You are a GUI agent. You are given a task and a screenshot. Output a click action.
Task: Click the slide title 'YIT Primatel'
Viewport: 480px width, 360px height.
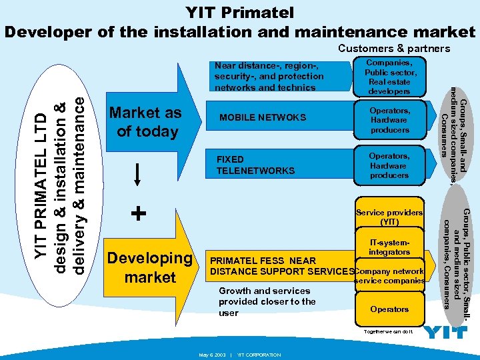click(x=239, y=12)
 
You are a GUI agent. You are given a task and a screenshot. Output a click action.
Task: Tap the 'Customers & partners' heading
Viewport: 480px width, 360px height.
click(x=394, y=49)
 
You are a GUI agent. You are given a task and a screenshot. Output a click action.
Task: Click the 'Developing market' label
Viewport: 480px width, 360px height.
click(x=149, y=267)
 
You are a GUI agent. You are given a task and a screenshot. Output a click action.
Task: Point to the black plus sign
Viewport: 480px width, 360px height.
click(x=138, y=213)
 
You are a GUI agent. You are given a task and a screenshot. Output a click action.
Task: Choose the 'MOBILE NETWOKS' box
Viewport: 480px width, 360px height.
click(x=263, y=118)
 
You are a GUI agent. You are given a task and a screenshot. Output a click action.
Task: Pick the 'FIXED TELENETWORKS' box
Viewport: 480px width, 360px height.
click(x=256, y=165)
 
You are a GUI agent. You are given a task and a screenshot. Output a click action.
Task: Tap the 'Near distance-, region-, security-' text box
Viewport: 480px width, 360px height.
click(x=269, y=76)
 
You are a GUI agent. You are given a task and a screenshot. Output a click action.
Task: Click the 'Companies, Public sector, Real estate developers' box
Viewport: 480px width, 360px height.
click(x=390, y=77)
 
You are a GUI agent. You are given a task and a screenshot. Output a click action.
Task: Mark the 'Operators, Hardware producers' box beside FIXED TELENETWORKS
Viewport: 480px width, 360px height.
click(x=390, y=165)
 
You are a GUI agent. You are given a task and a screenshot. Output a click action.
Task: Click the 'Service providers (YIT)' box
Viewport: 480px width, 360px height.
click(x=389, y=217)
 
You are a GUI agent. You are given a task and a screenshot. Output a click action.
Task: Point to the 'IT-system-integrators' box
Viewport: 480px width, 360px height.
click(x=389, y=247)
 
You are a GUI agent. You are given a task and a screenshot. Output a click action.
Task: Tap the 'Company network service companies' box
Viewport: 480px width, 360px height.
click(x=389, y=276)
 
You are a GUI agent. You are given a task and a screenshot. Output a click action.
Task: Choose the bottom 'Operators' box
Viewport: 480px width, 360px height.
click(x=389, y=309)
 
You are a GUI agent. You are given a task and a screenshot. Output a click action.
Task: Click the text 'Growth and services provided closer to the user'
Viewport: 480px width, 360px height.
click(x=267, y=301)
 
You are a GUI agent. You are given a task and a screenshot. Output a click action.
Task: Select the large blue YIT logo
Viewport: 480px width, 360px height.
click(x=445, y=332)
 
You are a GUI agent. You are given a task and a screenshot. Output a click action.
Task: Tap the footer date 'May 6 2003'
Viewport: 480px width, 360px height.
click(x=211, y=355)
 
